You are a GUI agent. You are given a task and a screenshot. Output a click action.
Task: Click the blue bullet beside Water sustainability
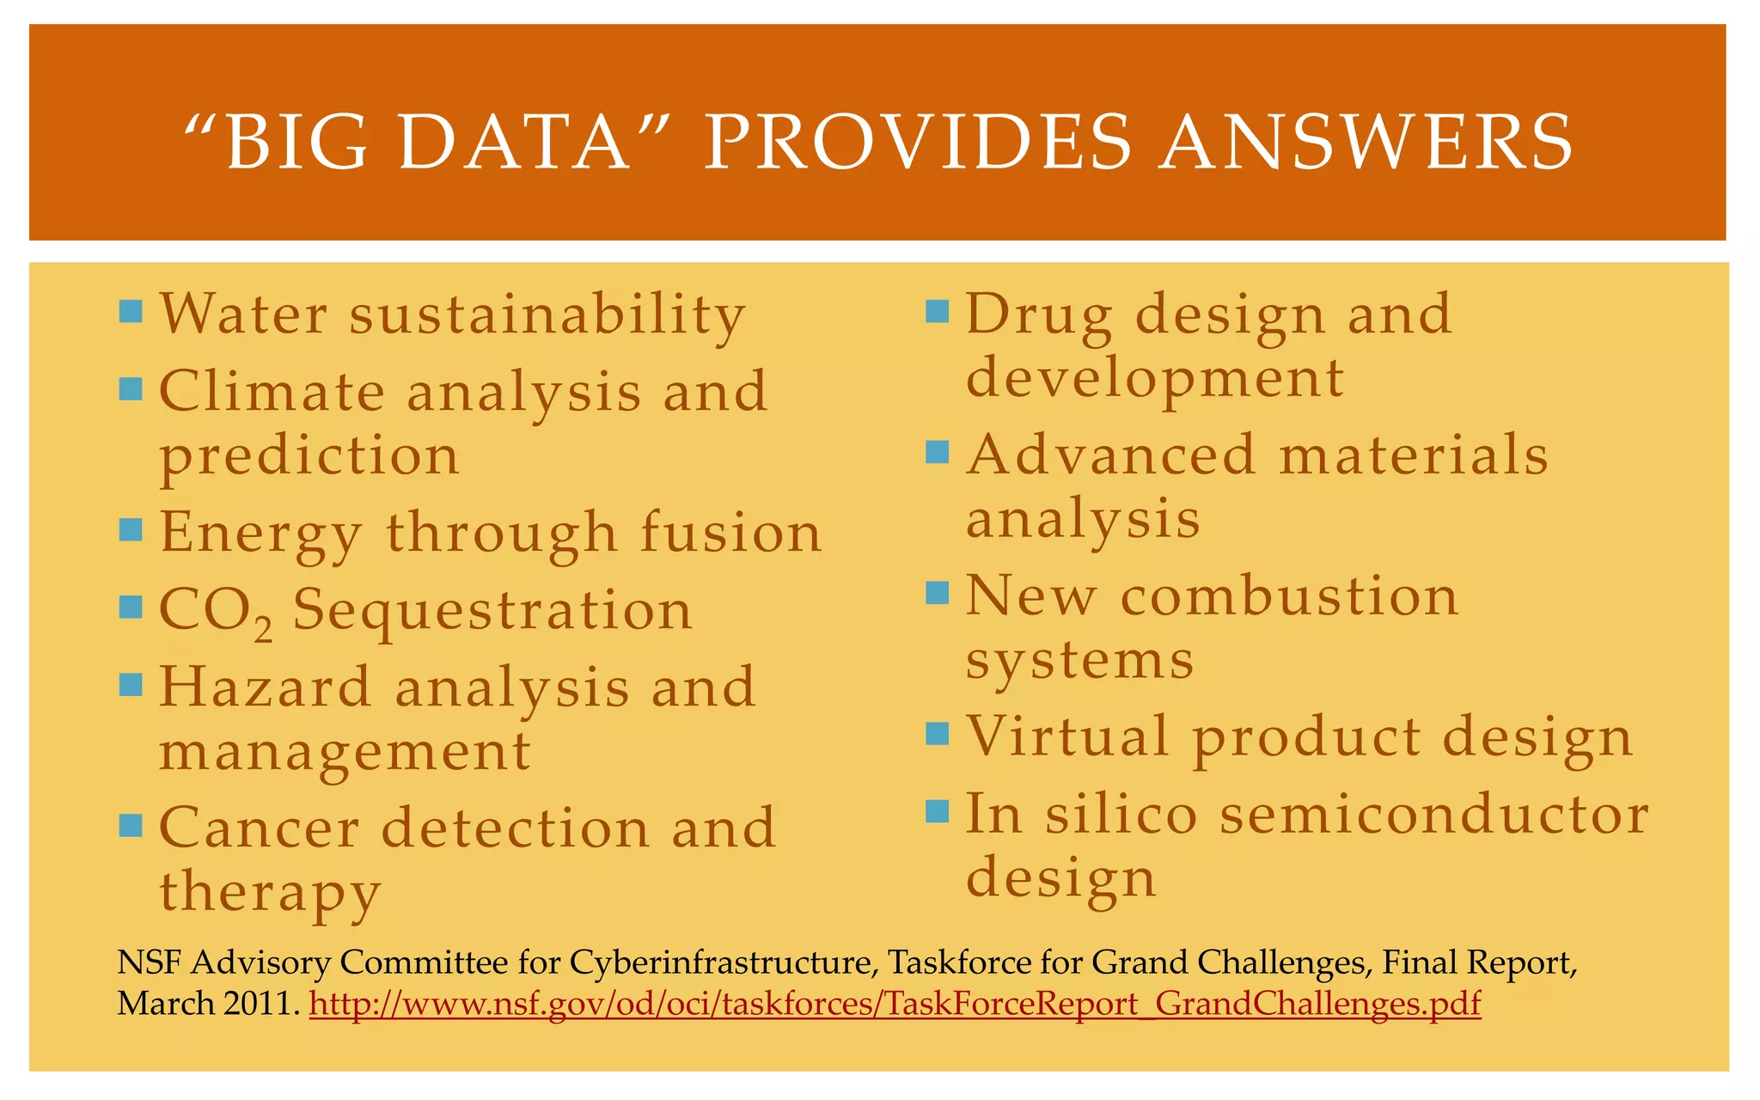[131, 310]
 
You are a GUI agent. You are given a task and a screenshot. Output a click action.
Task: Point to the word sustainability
[547, 315]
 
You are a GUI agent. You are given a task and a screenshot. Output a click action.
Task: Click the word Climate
[272, 392]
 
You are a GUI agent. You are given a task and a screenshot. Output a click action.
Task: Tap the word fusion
[731, 532]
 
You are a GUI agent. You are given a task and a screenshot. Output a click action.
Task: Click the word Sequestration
[492, 610]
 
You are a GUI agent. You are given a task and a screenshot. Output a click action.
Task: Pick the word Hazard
[265, 687]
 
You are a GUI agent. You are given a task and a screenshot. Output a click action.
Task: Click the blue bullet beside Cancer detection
[131, 826]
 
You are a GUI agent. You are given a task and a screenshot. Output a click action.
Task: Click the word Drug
[1039, 315]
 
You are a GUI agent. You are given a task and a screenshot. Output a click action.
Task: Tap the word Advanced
[1111, 455]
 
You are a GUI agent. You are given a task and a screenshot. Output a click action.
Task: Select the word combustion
[1289, 596]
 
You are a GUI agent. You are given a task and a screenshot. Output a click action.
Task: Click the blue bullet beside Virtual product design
[937, 733]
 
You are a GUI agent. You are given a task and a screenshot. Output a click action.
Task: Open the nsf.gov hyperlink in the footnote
[895, 1004]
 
